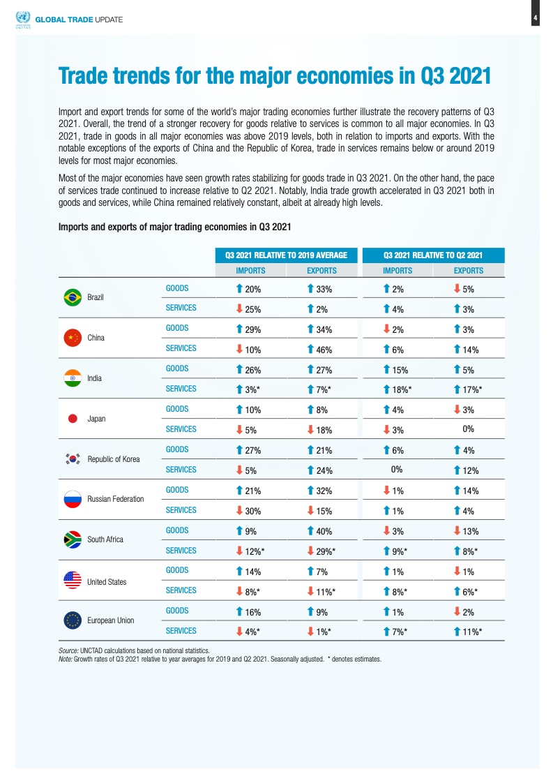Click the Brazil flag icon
[x=72, y=297]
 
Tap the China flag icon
[x=72, y=338]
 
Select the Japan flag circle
[x=72, y=419]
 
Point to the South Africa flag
[x=72, y=539]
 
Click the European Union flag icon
[x=72, y=620]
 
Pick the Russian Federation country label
[x=116, y=499]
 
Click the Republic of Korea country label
[x=114, y=459]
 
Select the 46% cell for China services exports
[x=322, y=348]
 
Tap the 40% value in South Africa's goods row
[x=322, y=530]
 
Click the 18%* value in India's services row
[x=400, y=389]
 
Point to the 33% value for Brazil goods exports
[x=322, y=288]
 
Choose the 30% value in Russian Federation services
[x=252, y=510]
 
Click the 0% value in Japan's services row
[x=469, y=428]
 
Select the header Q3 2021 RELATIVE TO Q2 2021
[x=433, y=255]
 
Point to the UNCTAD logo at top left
[x=23, y=18]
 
